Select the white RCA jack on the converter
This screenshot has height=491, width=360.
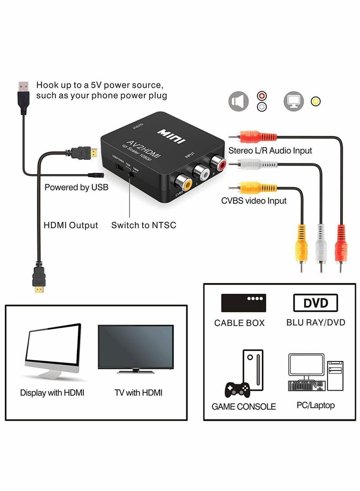pyautogui.click(x=199, y=170)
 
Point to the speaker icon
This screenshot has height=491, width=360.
pyautogui.click(x=238, y=101)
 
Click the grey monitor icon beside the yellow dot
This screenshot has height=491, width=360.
pyautogui.click(x=293, y=101)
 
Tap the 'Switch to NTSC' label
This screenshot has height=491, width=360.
pyautogui.click(x=144, y=225)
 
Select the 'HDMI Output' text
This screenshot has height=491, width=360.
pyautogui.click(x=71, y=225)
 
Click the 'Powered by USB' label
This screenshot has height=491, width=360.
pyautogui.click(x=76, y=187)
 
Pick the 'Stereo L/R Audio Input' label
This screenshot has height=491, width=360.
pyautogui.click(x=270, y=150)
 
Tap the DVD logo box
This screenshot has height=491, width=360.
pyautogui.click(x=316, y=303)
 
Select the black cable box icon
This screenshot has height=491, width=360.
pyautogui.click(x=243, y=303)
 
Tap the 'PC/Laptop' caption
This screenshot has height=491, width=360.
pyautogui.click(x=315, y=405)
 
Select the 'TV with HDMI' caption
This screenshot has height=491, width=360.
pyautogui.click(x=138, y=392)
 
